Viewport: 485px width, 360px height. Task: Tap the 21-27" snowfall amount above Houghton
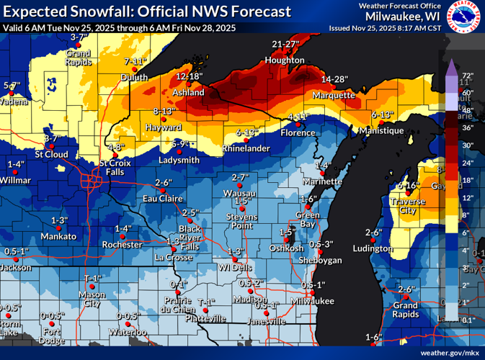click(x=286, y=44)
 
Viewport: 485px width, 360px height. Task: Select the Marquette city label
click(x=334, y=95)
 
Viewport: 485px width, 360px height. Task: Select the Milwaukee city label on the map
click(x=314, y=300)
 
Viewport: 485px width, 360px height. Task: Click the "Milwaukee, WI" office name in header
click(x=404, y=16)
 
